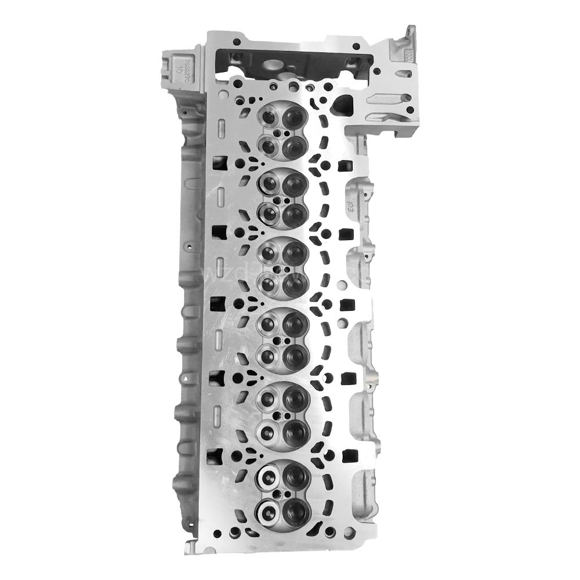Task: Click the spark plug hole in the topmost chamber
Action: point(281,133)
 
